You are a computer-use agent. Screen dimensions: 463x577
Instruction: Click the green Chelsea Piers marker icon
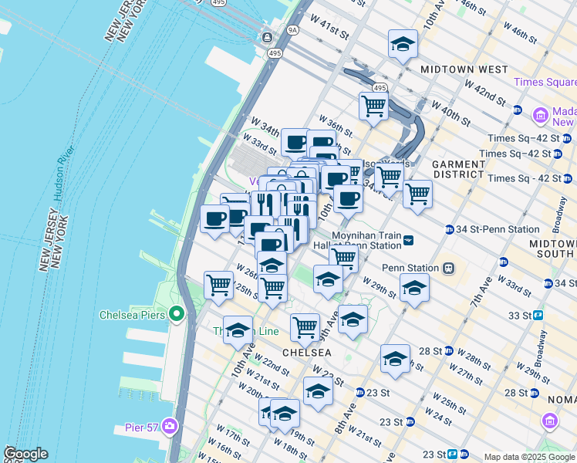click(x=177, y=315)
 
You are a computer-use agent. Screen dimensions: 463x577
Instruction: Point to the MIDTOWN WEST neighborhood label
click(x=464, y=69)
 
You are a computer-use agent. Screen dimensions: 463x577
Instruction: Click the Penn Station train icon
click(x=447, y=269)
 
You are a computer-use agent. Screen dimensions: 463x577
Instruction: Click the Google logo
click(x=25, y=454)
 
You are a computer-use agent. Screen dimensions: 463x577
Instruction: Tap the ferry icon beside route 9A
click(x=268, y=37)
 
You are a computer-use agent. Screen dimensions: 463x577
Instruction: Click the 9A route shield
click(x=293, y=32)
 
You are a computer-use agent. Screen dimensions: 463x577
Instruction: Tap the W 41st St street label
click(x=330, y=32)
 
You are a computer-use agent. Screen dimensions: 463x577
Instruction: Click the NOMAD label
click(x=562, y=399)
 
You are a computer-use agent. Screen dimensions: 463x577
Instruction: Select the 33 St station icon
click(x=538, y=315)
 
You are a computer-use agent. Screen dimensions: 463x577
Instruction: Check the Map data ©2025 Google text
click(x=529, y=457)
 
